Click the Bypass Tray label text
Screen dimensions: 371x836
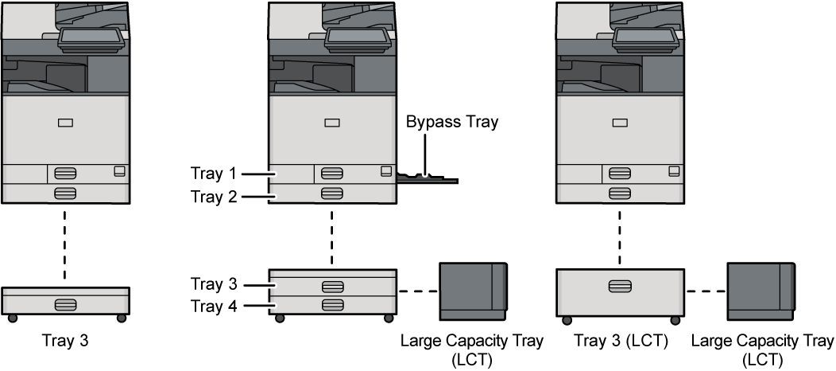click(451, 123)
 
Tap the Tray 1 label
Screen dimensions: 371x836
click(212, 172)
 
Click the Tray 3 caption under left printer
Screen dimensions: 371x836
click(66, 341)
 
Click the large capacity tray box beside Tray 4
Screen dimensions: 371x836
click(472, 291)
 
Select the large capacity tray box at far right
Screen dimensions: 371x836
click(761, 291)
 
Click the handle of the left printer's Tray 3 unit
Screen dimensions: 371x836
click(65, 304)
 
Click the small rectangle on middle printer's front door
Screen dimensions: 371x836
click(332, 123)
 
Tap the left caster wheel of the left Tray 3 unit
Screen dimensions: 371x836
click(12, 318)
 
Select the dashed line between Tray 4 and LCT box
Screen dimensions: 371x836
click(417, 291)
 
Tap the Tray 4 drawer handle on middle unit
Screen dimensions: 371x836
click(332, 305)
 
